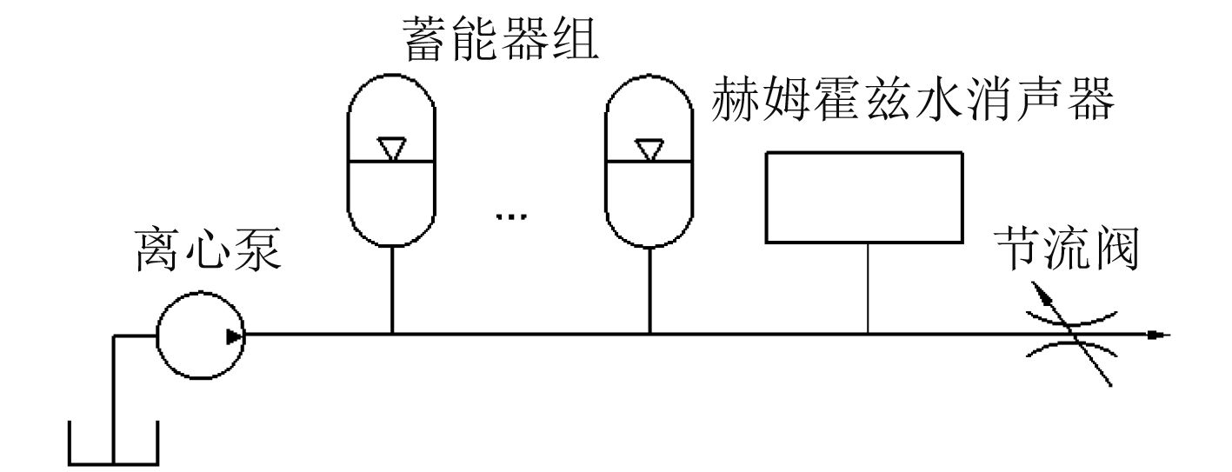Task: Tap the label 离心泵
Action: coord(207,252)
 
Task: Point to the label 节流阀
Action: coord(1068,251)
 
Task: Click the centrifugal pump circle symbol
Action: coord(200,336)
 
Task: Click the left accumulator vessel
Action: coord(392,160)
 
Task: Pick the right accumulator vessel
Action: coord(649,160)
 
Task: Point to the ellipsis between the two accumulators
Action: coord(512,216)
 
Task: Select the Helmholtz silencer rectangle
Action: coord(863,196)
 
